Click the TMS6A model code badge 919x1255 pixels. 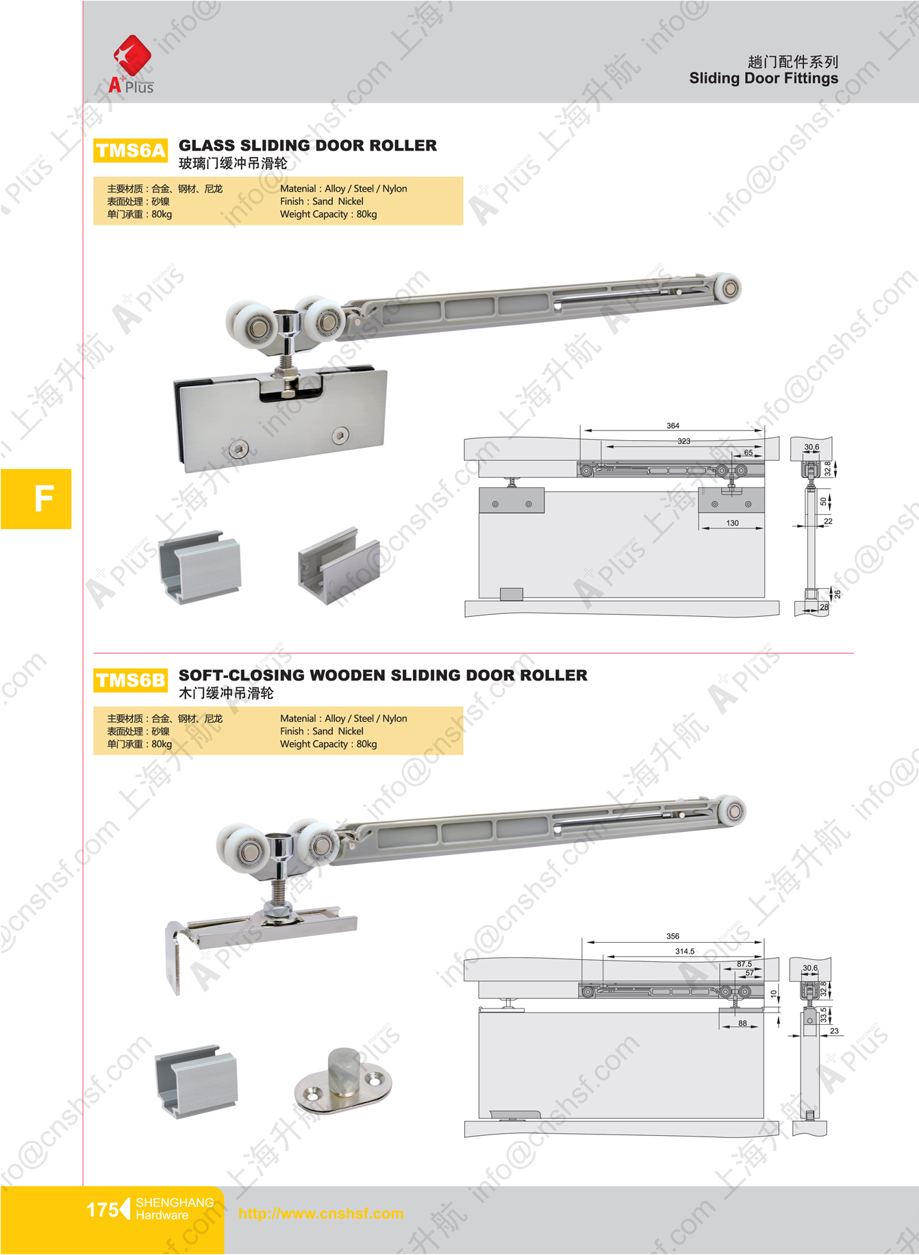[130, 151]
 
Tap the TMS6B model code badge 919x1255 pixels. [130, 681]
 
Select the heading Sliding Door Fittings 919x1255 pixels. [764, 78]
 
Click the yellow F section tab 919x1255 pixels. [36, 498]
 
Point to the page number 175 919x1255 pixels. [102, 1210]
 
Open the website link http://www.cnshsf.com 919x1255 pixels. [320, 1213]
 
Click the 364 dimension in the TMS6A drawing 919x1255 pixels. [672, 425]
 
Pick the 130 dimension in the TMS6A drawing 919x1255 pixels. [732, 522]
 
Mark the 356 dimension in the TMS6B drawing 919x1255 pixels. [672, 936]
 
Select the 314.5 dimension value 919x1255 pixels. [684, 951]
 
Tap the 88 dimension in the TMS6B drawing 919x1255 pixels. [742, 1024]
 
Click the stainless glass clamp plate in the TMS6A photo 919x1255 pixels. [280, 415]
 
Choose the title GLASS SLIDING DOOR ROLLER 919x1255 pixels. [307, 145]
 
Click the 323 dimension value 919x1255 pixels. [683, 441]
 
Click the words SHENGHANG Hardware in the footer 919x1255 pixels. [175, 1209]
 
